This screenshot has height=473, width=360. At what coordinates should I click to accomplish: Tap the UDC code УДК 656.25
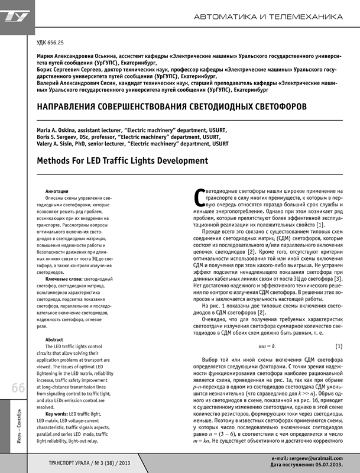(x=50, y=43)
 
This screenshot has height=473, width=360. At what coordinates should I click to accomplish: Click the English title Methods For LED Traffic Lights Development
(x=122, y=160)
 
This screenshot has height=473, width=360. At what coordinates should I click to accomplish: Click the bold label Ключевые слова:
(x=64, y=277)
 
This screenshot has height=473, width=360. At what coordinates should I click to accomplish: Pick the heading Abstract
(x=54, y=340)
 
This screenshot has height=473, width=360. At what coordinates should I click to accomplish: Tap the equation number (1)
(x=339, y=345)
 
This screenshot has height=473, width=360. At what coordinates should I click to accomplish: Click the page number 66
(x=17, y=388)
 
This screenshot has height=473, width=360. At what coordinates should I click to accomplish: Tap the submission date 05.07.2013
(x=327, y=465)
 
